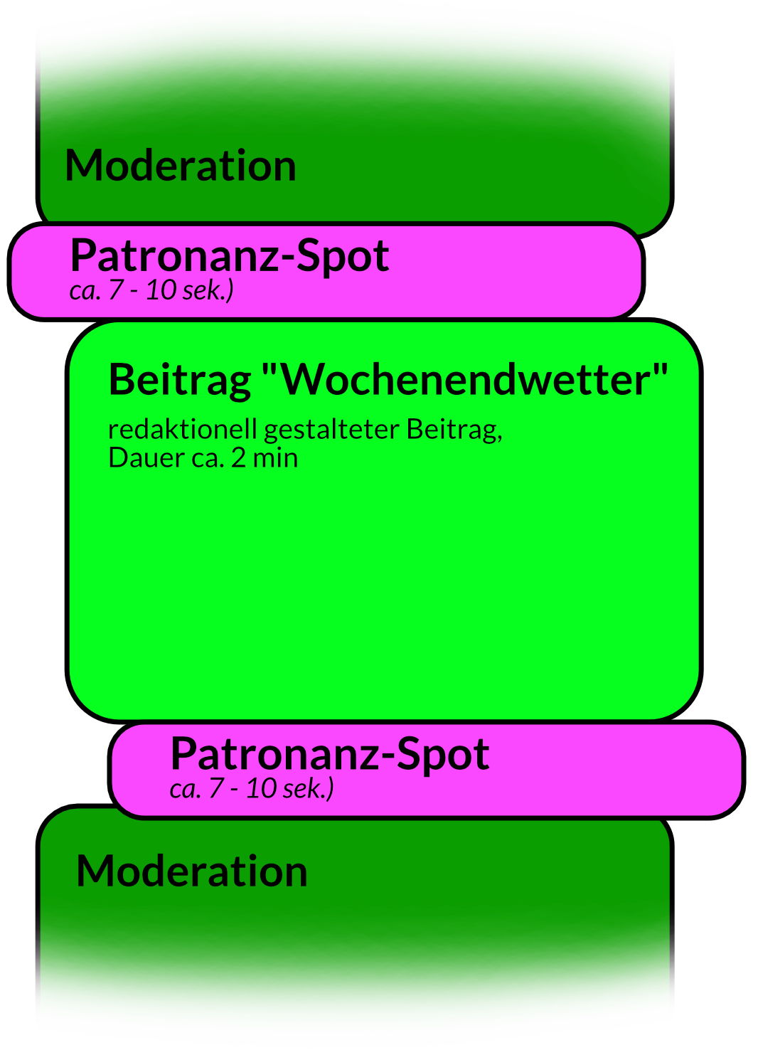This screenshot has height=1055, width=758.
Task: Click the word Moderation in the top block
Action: coord(180,166)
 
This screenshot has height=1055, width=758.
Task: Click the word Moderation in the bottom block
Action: coord(192,871)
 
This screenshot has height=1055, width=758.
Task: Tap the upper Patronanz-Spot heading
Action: coord(229,256)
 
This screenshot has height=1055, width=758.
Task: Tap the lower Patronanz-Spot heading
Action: coord(329,755)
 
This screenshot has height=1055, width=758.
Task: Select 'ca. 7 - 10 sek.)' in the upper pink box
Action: coord(151,291)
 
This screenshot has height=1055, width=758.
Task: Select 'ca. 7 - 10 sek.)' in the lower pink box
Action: coord(252,789)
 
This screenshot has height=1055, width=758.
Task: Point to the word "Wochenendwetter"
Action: coord(465,380)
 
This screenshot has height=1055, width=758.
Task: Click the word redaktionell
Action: coord(183,430)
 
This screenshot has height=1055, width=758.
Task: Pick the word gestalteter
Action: coord(331,430)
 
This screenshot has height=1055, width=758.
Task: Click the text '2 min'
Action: coord(265,458)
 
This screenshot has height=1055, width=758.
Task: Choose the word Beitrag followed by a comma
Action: coord(454,430)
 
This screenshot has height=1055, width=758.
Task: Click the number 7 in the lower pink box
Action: coord(216,789)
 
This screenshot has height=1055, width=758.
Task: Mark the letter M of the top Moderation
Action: coord(84,166)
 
